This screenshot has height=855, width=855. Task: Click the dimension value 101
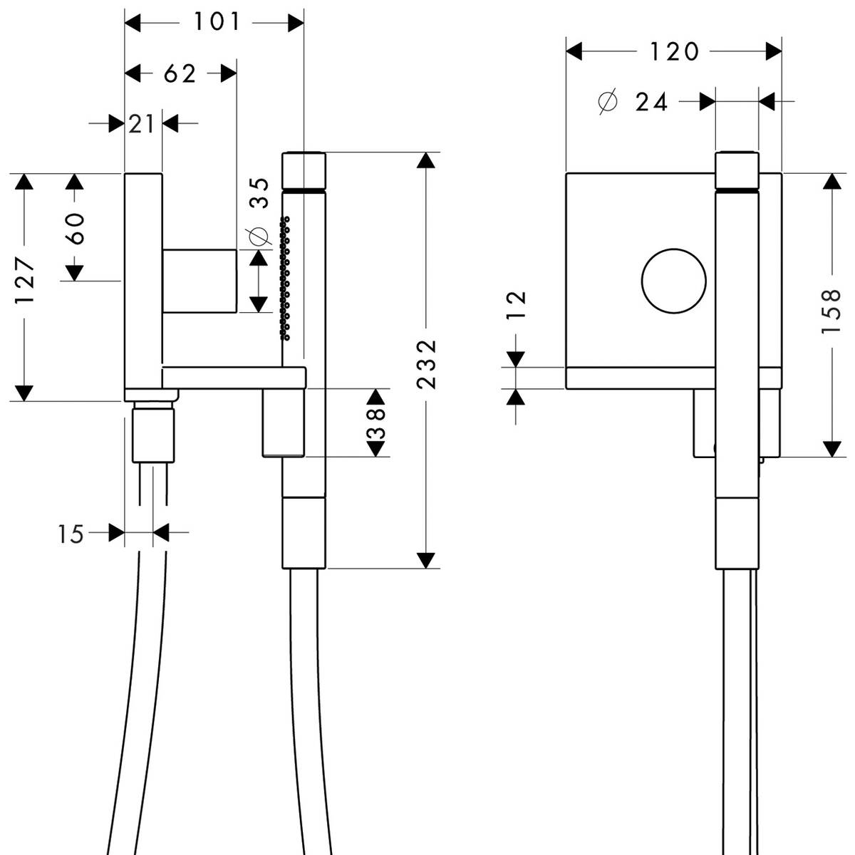coord(217,23)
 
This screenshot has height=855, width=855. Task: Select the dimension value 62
coord(180,73)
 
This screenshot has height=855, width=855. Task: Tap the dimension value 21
coord(142,124)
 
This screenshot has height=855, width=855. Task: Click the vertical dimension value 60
coord(75,228)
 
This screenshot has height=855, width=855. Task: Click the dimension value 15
coord(71,534)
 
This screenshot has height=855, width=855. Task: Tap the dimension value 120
coord(673,51)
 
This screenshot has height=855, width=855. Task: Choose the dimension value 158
coord(831,311)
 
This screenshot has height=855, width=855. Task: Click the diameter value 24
coord(651,103)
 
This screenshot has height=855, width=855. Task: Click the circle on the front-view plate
coord(674,281)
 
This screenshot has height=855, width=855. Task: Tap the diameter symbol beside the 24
coord(606,103)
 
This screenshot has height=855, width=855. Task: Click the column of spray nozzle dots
coord(286,278)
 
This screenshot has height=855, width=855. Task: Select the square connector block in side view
coord(199,281)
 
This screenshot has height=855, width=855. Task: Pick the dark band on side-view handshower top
coord(304,190)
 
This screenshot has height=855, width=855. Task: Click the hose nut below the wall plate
coord(153,432)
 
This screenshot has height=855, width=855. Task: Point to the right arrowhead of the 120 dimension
coord(773,51)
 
